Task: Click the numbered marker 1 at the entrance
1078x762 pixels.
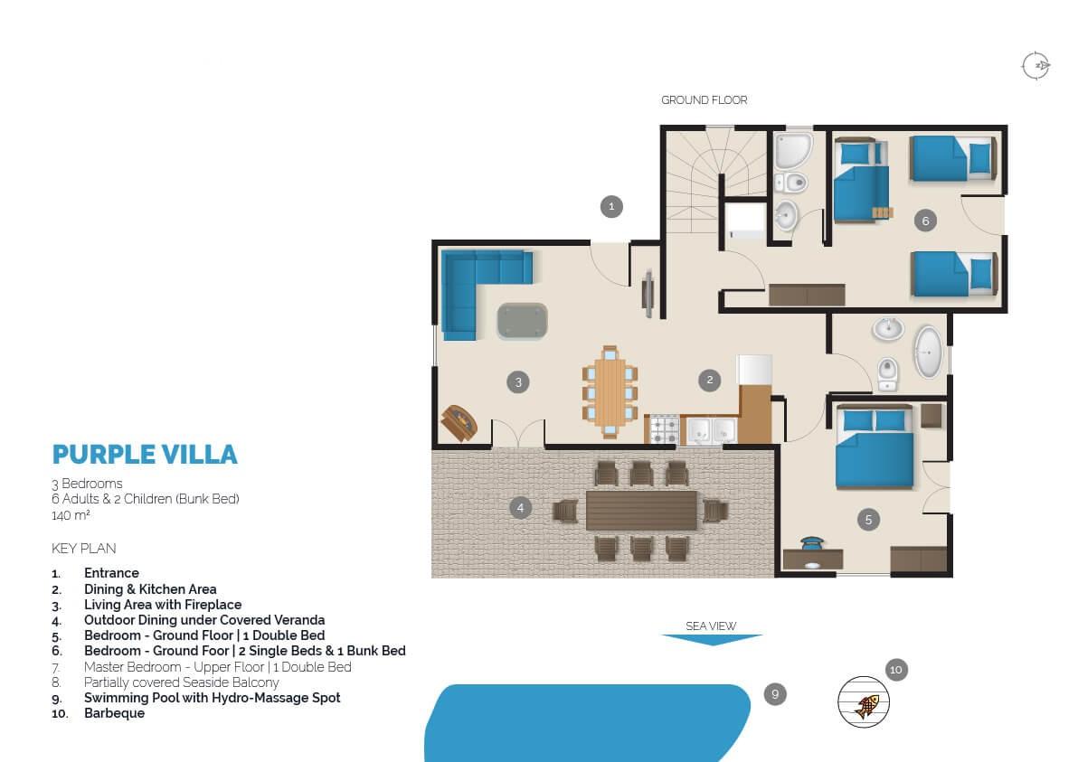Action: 611,206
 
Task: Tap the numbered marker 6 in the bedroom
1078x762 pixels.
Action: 925,221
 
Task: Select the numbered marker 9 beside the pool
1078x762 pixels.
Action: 775,694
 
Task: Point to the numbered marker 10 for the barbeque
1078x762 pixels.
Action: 896,669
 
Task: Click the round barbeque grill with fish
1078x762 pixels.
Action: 864,702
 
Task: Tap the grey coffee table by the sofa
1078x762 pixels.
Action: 523,321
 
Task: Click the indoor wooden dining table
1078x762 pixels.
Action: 610,392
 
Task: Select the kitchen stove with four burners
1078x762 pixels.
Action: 664,429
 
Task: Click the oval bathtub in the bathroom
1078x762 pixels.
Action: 928,352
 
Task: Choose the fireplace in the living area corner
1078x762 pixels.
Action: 459,422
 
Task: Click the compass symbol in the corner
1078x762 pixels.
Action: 1035,66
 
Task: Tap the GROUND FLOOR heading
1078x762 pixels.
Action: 704,100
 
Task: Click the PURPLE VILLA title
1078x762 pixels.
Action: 145,454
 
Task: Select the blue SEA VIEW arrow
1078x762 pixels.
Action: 713,640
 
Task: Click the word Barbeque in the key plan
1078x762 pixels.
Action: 114,713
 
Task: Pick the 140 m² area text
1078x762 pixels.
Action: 71,515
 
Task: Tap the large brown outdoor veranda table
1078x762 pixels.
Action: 641,510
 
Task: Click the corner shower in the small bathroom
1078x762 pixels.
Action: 792,150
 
